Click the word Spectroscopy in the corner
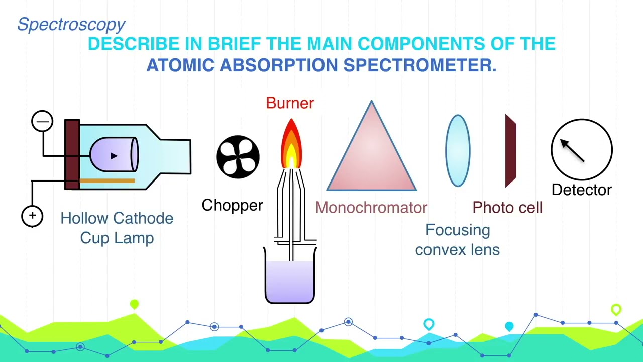71,24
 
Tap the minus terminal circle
42,122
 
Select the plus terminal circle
32,216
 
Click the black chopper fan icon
238,157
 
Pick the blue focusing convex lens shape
458,151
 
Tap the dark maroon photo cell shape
510,151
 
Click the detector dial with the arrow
582,149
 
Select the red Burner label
290,103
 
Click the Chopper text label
232,205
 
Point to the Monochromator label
371,208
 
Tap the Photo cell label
507,208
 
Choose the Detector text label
582,190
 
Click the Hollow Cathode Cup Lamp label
117,228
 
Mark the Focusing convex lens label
458,240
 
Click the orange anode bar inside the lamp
107,180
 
